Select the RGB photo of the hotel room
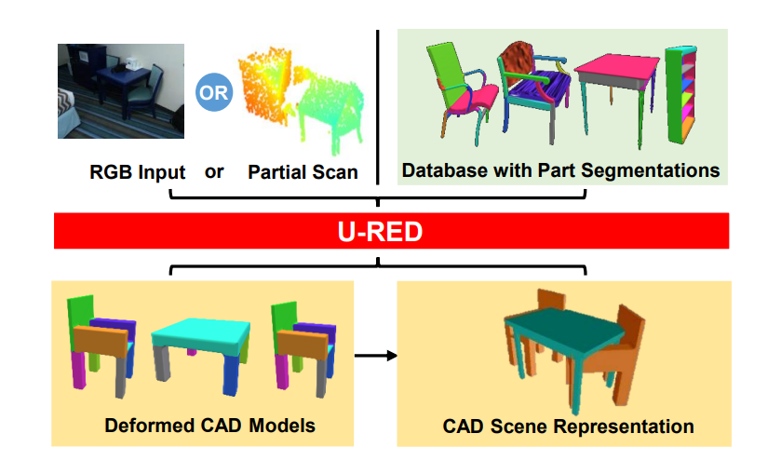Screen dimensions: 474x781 coord(121,90)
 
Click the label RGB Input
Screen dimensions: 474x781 coord(137,172)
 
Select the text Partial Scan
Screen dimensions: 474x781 coord(303,172)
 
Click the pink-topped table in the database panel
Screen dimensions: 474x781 coord(612,88)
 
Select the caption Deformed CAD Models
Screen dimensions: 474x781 coord(209,426)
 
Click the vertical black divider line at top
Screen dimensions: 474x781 coord(378,102)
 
